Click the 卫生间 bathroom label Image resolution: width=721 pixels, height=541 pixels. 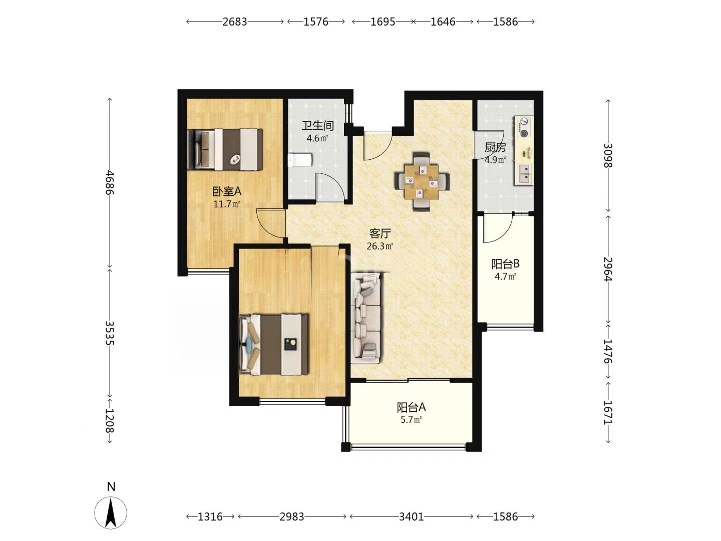[317, 125]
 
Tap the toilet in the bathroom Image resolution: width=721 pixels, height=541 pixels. [299, 160]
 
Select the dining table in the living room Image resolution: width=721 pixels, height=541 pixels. [422, 182]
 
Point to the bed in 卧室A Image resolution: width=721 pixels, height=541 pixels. [225, 149]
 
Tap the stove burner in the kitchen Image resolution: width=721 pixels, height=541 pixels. [523, 127]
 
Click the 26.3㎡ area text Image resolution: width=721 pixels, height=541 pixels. [380, 246]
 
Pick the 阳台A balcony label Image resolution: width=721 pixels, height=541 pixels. [411, 407]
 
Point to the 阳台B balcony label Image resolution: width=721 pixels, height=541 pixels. [505, 264]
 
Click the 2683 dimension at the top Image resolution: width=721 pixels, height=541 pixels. [234, 22]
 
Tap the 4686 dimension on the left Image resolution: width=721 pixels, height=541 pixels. [109, 182]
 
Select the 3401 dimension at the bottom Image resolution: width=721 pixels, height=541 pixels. [411, 516]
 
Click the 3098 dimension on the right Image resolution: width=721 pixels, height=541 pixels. [608, 156]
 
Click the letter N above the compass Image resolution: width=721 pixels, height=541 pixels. [111, 486]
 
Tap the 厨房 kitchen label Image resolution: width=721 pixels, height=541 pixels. [495, 148]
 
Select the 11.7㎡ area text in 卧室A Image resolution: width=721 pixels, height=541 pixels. [227, 204]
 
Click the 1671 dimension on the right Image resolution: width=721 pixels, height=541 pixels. [608, 412]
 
